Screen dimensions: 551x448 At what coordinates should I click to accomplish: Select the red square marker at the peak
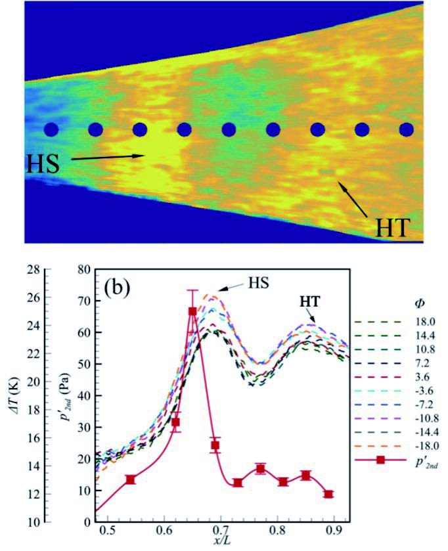[192, 311]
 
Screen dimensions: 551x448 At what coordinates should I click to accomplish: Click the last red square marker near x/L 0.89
[328, 494]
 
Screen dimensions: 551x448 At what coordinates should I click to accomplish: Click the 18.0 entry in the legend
[416, 322]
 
